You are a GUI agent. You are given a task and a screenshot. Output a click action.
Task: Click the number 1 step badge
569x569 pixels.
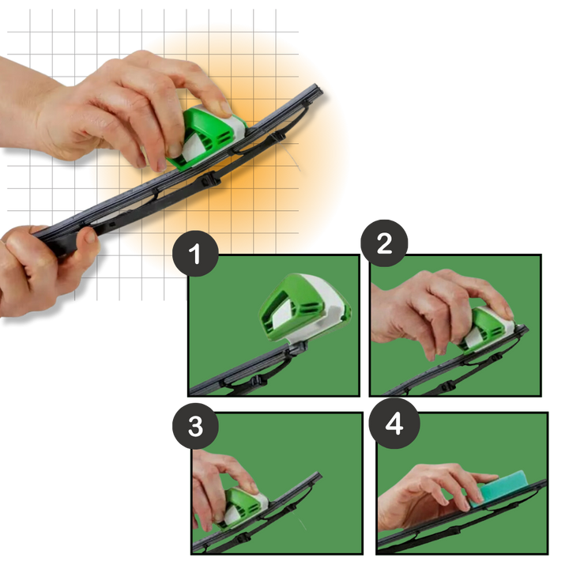(x=195, y=254)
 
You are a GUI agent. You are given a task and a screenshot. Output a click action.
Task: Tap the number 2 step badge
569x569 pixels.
(x=384, y=243)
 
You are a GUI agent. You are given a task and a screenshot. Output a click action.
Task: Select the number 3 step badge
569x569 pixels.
(x=195, y=426)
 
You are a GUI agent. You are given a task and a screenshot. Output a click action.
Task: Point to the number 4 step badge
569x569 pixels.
(x=394, y=423)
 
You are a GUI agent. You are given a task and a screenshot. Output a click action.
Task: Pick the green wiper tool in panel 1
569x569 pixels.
(x=304, y=308)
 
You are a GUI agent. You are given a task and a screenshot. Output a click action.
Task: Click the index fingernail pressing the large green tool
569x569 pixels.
(x=225, y=107)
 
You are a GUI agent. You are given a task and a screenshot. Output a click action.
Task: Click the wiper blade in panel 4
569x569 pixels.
(x=461, y=519)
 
